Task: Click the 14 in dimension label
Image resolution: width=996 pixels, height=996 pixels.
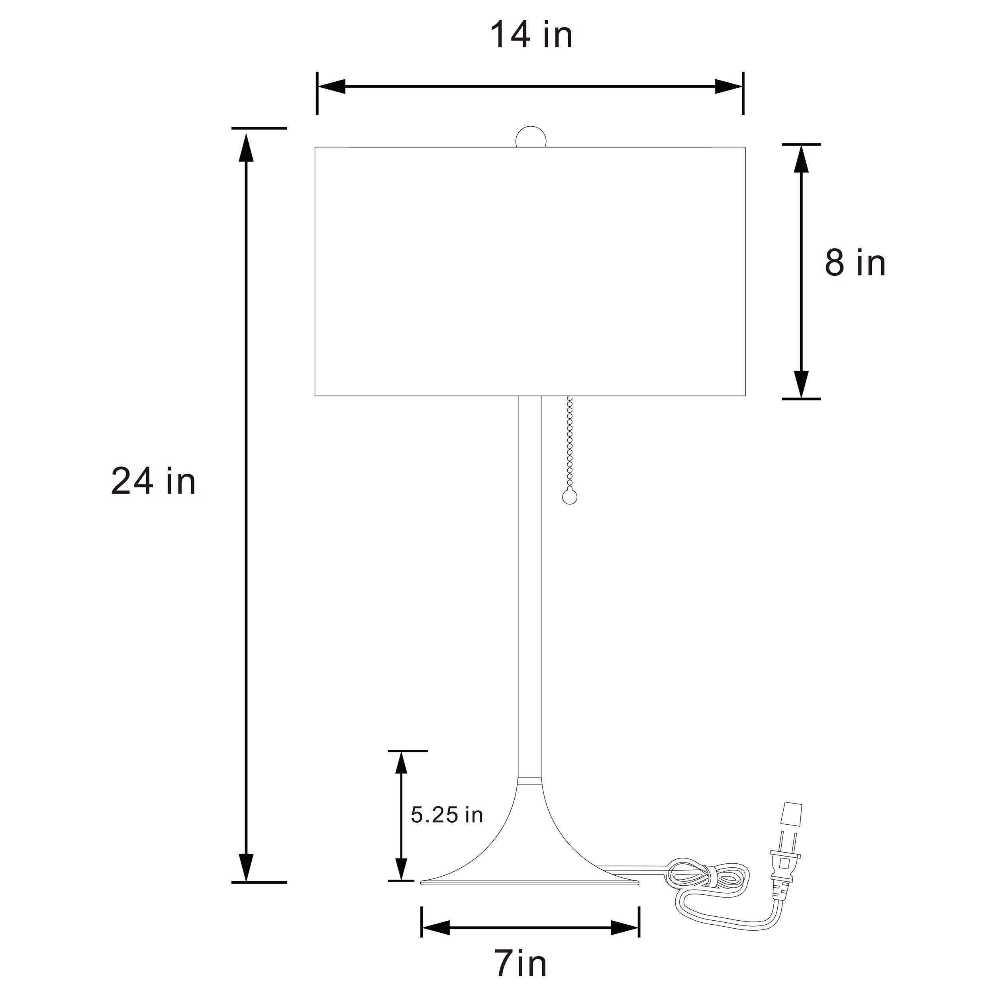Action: [531, 35]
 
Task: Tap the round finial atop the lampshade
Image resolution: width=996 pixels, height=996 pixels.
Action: [531, 137]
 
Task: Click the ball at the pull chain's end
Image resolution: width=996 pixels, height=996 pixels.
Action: [570, 497]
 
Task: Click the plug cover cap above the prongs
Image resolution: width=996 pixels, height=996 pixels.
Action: [792, 821]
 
